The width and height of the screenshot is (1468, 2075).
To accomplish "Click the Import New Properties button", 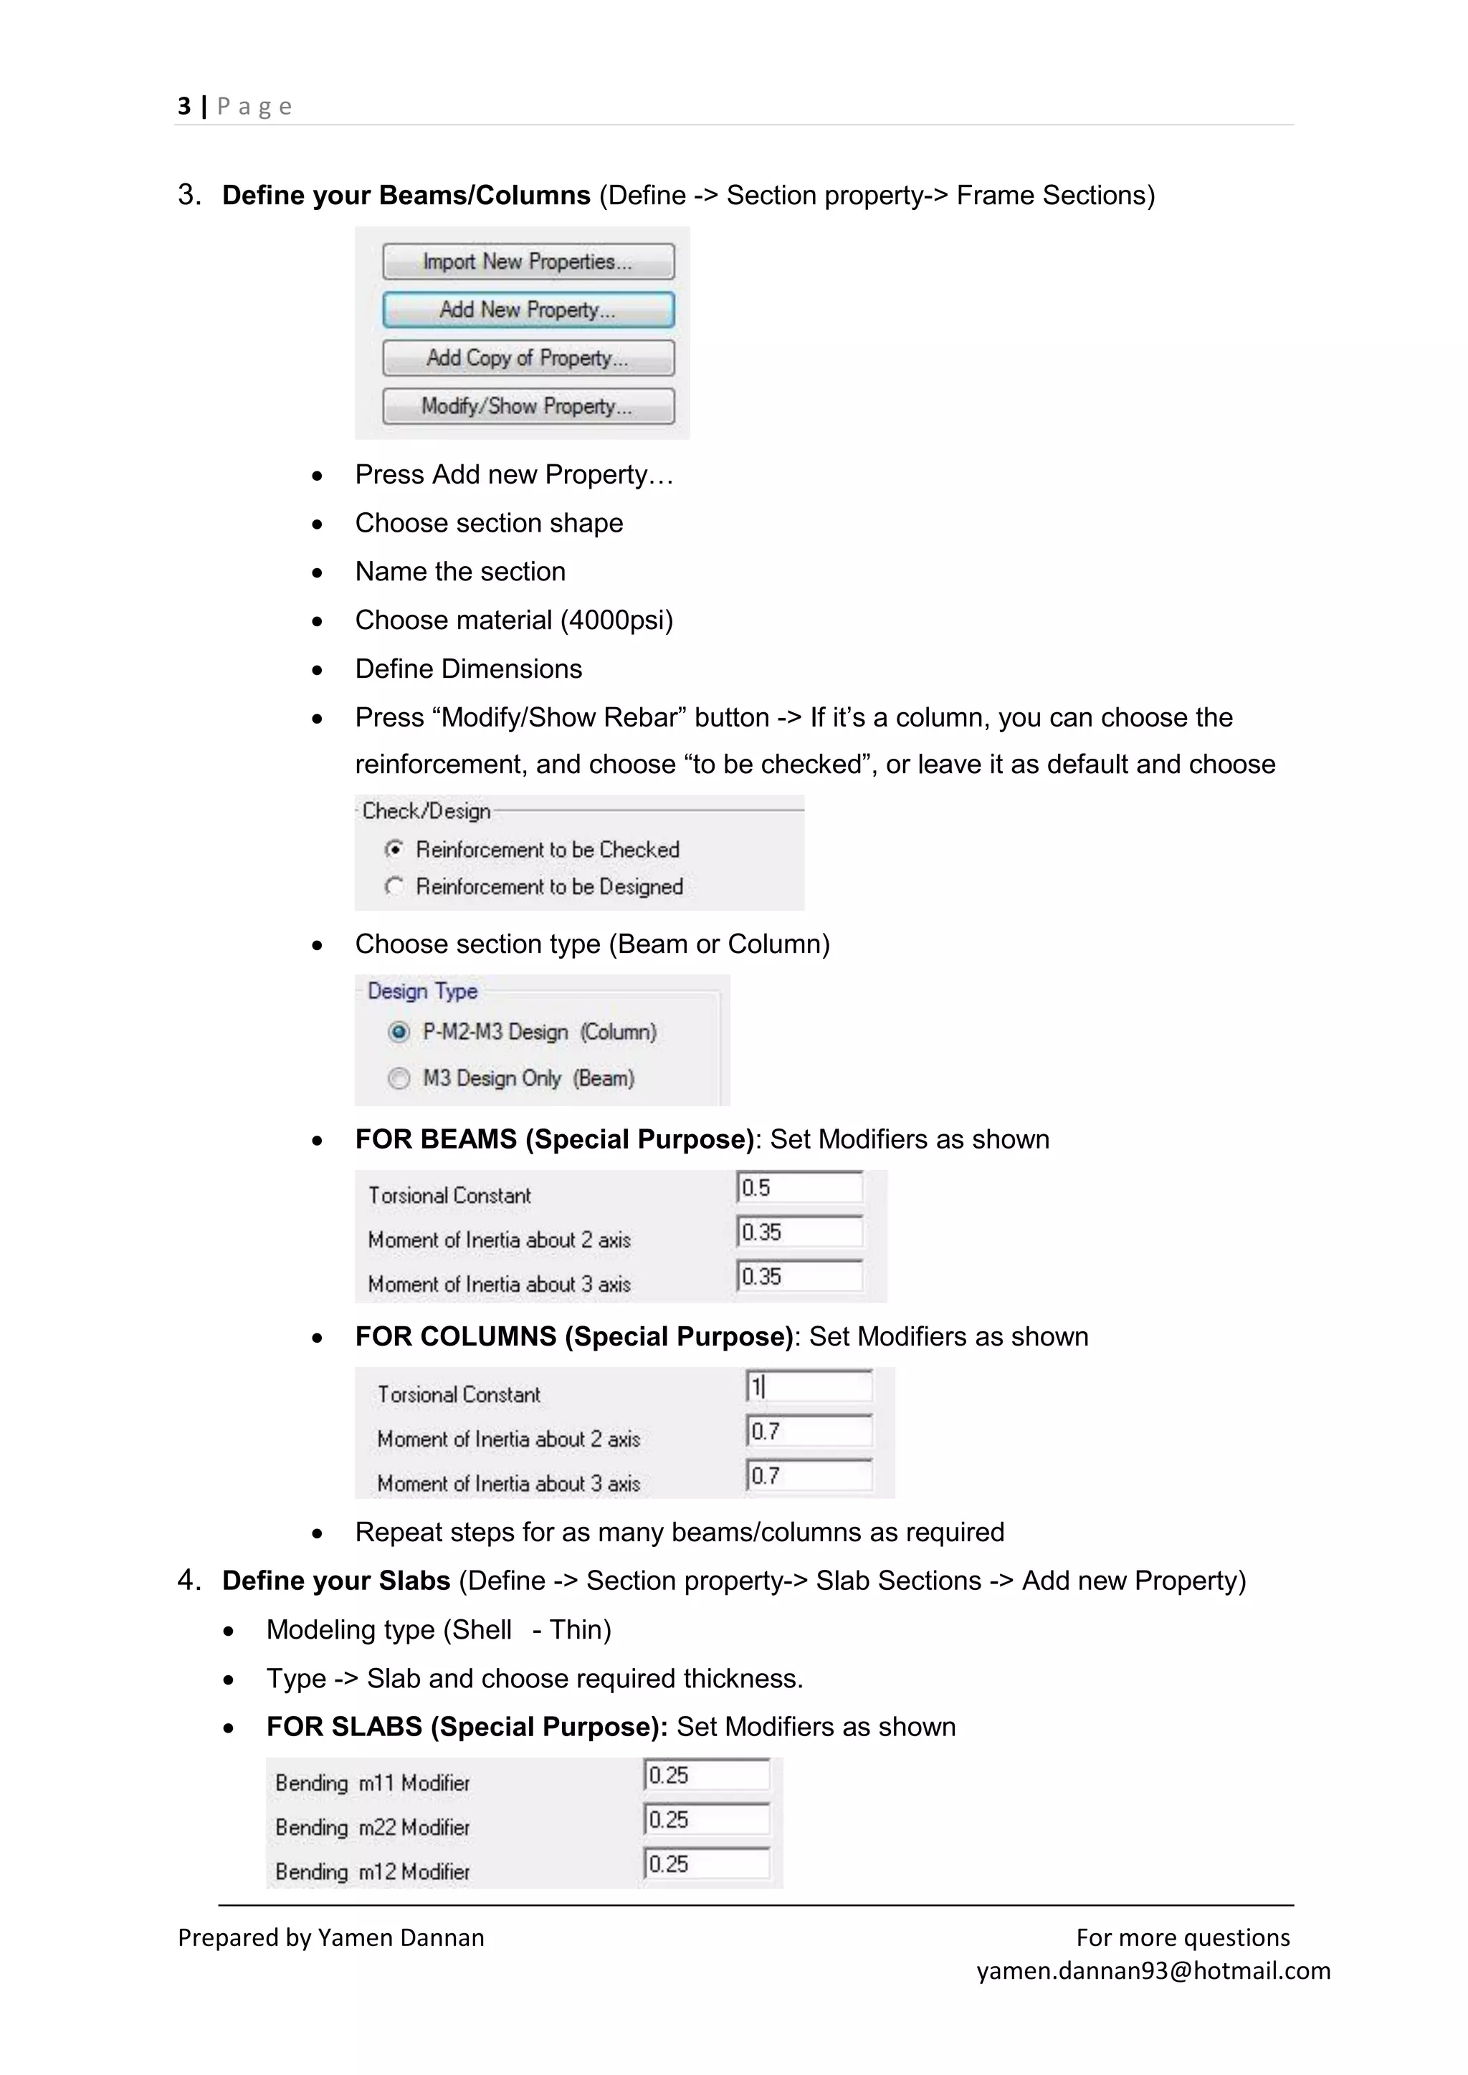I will point(528,262).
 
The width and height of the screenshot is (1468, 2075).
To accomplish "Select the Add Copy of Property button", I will point(528,358).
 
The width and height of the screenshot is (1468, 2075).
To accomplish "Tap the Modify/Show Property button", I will point(528,406).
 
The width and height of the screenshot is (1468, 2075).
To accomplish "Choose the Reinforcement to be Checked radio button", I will point(394,850).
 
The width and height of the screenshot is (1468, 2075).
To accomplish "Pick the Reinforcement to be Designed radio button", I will point(394,886).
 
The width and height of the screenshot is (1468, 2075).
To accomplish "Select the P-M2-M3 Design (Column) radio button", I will point(399,1032).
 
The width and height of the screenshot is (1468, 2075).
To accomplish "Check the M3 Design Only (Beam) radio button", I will point(399,1078).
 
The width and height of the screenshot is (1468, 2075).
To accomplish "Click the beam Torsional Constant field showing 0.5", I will point(800,1187).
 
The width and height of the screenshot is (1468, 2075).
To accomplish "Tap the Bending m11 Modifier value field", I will point(707,1775).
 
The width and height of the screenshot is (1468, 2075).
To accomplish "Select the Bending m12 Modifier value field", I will point(707,1864).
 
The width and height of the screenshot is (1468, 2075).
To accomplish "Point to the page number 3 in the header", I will point(184,107).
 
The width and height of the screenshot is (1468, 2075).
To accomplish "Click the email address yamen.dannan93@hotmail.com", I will point(1153,1970).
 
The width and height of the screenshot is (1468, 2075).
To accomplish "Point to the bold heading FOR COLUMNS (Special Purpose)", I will point(574,1336).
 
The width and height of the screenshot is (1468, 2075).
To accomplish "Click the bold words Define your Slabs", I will point(336,1581).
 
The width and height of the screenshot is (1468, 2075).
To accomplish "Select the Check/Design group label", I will point(426,810).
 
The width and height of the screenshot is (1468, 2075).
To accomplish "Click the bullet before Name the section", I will point(318,573).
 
